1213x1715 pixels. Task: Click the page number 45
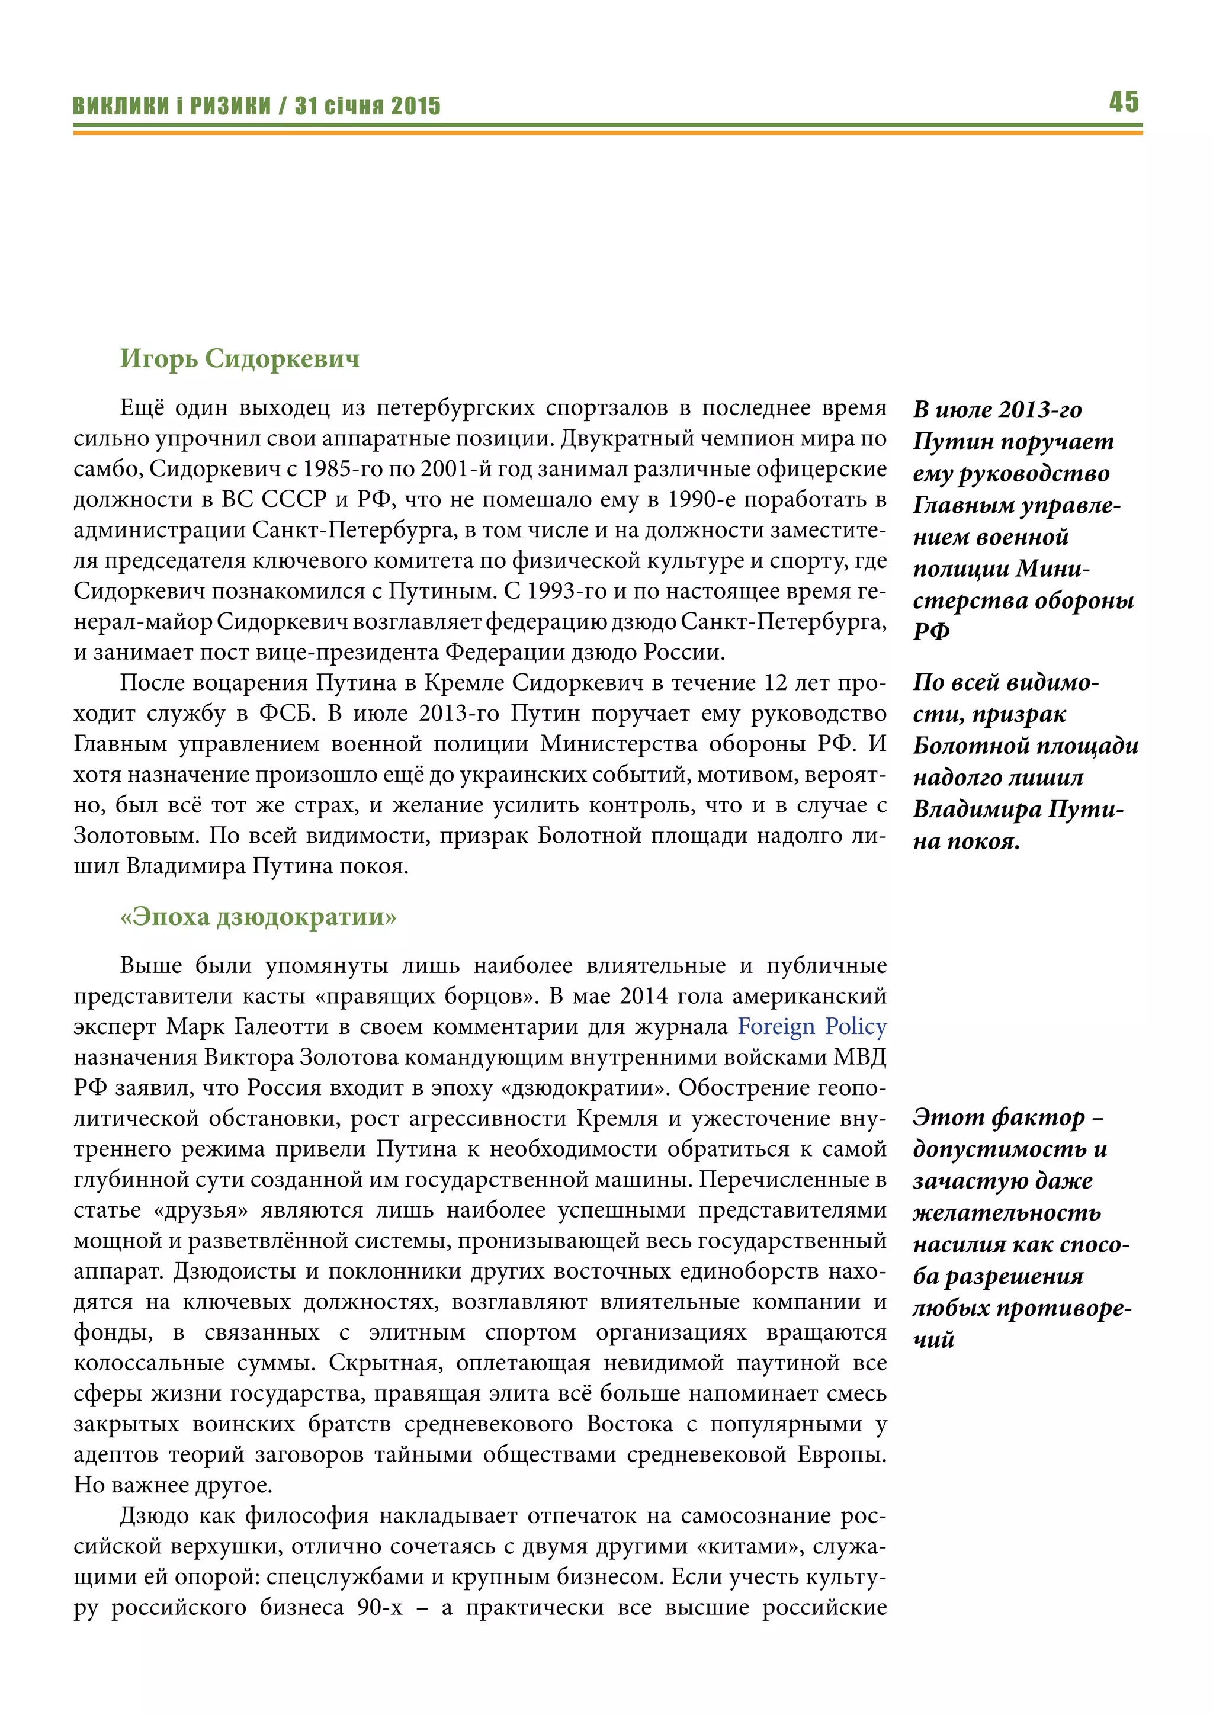click(1124, 102)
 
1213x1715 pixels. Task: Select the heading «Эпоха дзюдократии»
click(258, 917)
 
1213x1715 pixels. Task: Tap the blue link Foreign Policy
click(812, 1026)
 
